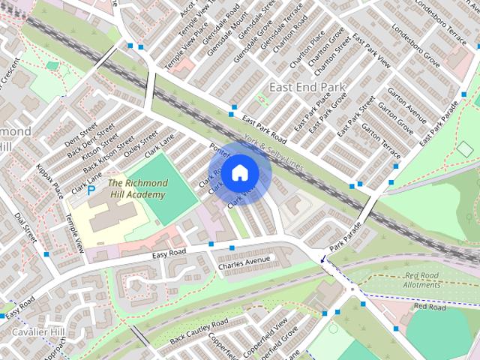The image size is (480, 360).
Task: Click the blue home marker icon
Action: pyautogui.click(x=239, y=173)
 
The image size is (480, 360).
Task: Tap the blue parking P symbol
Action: pyautogui.click(x=91, y=190)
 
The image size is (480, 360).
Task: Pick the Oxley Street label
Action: pyautogui.click(x=140, y=145)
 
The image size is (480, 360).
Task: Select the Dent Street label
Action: pyautogui.click(x=80, y=133)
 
